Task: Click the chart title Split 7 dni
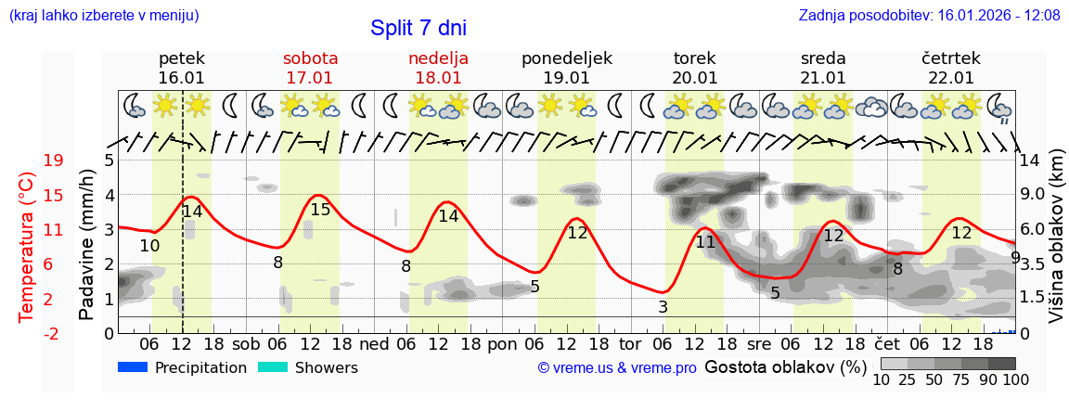(418, 28)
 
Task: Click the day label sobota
(310, 58)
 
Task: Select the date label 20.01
(695, 78)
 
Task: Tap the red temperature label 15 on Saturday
(320, 210)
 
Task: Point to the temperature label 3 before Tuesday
(663, 307)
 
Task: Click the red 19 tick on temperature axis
(54, 161)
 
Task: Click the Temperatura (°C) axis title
(26, 246)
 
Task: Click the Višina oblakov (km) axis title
(1055, 246)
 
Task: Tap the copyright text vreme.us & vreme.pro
(617, 368)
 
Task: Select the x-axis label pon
(502, 343)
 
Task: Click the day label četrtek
(951, 58)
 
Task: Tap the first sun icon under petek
(166, 105)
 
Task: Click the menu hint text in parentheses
(103, 16)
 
